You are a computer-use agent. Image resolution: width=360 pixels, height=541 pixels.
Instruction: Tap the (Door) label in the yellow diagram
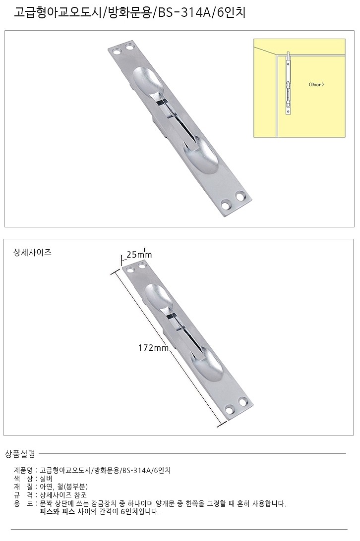(x=315, y=85)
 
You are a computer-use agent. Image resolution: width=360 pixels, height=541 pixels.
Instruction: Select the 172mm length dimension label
(x=154, y=348)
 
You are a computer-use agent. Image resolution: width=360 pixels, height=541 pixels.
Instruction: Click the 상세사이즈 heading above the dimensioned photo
(x=33, y=252)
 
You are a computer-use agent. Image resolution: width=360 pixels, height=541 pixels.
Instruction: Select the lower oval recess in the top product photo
(x=202, y=156)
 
